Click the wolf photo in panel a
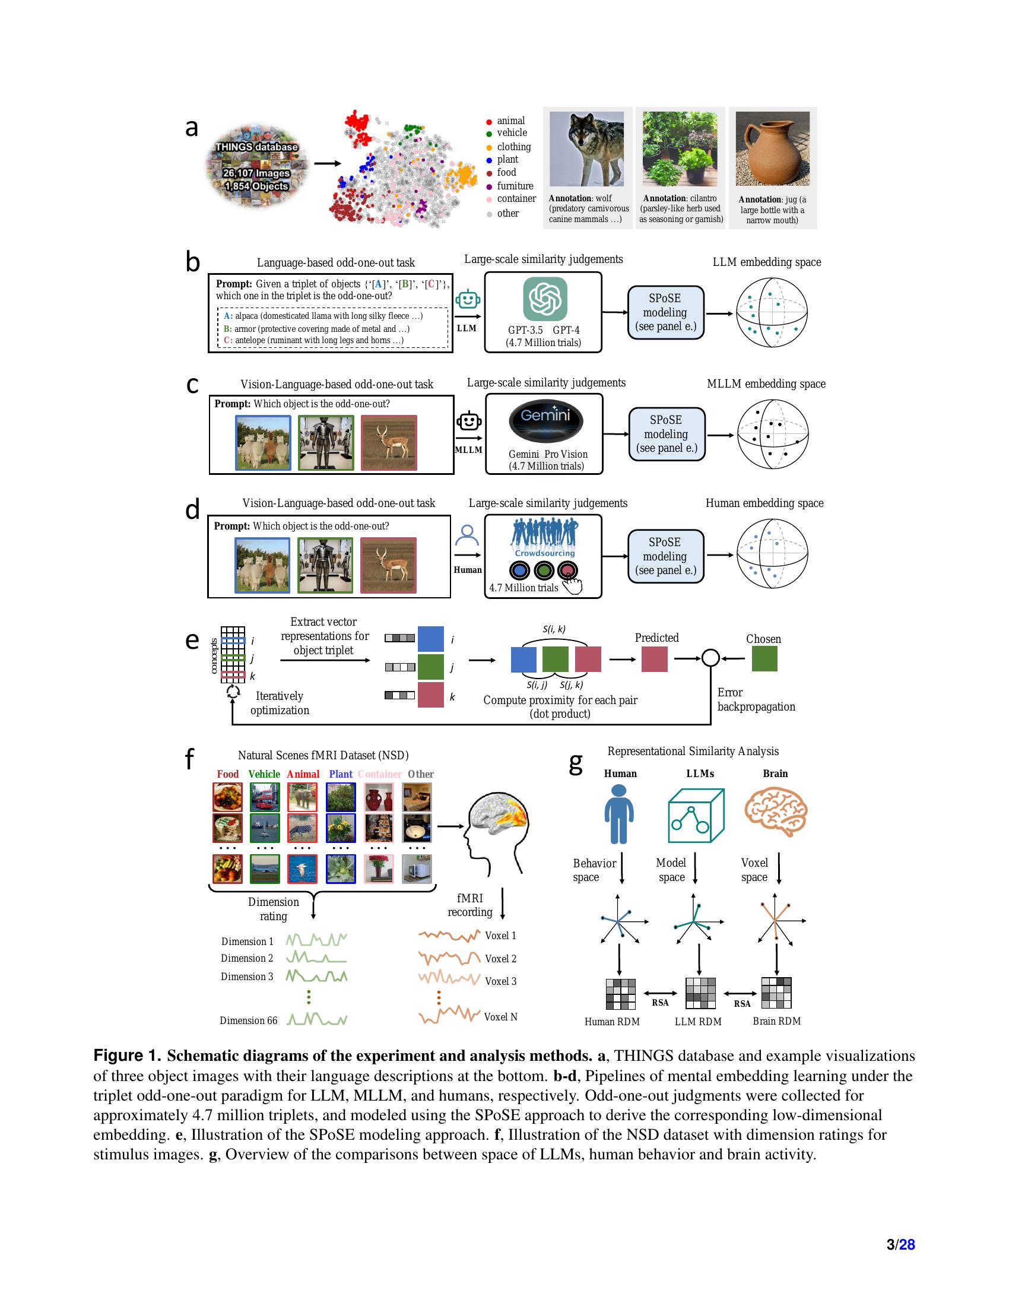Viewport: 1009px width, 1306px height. coord(586,149)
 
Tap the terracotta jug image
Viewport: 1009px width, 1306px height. coord(772,149)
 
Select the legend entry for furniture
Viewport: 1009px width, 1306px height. coord(515,186)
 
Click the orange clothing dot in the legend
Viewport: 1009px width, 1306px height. coord(489,147)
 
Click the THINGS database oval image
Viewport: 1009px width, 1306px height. coord(256,167)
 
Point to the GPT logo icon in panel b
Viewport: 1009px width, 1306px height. coord(544,299)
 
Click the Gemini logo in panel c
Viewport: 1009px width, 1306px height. coord(545,419)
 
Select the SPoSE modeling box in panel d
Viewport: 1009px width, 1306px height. coord(665,556)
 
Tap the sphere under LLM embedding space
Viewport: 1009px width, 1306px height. coord(771,312)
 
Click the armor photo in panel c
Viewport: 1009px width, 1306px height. coord(326,443)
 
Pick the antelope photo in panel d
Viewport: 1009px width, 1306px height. coord(388,565)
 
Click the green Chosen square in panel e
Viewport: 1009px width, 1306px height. coord(764,659)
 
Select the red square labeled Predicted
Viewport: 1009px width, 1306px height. coord(654,659)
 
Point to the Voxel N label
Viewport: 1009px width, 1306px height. coord(500,1016)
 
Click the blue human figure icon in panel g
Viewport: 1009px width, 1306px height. coord(618,814)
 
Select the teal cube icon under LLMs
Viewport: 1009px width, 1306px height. coord(696,815)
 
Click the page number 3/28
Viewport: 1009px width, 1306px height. coord(900,1244)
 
